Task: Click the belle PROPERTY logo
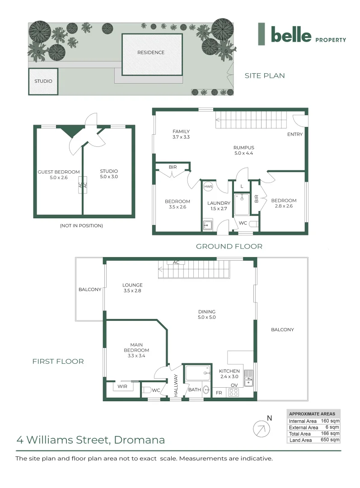point(302,34)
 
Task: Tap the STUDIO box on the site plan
point(43,81)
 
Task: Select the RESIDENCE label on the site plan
point(151,52)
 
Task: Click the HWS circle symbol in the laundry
point(208,187)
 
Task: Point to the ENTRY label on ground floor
point(295,134)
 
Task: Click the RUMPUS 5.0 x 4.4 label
point(244,150)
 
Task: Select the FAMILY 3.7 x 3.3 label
point(181,134)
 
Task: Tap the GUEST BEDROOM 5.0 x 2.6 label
point(59,175)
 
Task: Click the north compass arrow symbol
point(260,428)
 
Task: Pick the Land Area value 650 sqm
point(330,440)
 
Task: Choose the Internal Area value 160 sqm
point(330,421)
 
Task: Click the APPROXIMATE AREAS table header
point(312,413)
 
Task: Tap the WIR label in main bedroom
point(122,387)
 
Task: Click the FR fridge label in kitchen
point(219,393)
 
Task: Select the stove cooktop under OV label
point(234,392)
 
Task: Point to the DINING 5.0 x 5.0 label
point(207,314)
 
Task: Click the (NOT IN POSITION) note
point(81,225)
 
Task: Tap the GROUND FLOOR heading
point(229,246)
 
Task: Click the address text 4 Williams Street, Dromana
point(90,440)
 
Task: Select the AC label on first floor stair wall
point(176,263)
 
